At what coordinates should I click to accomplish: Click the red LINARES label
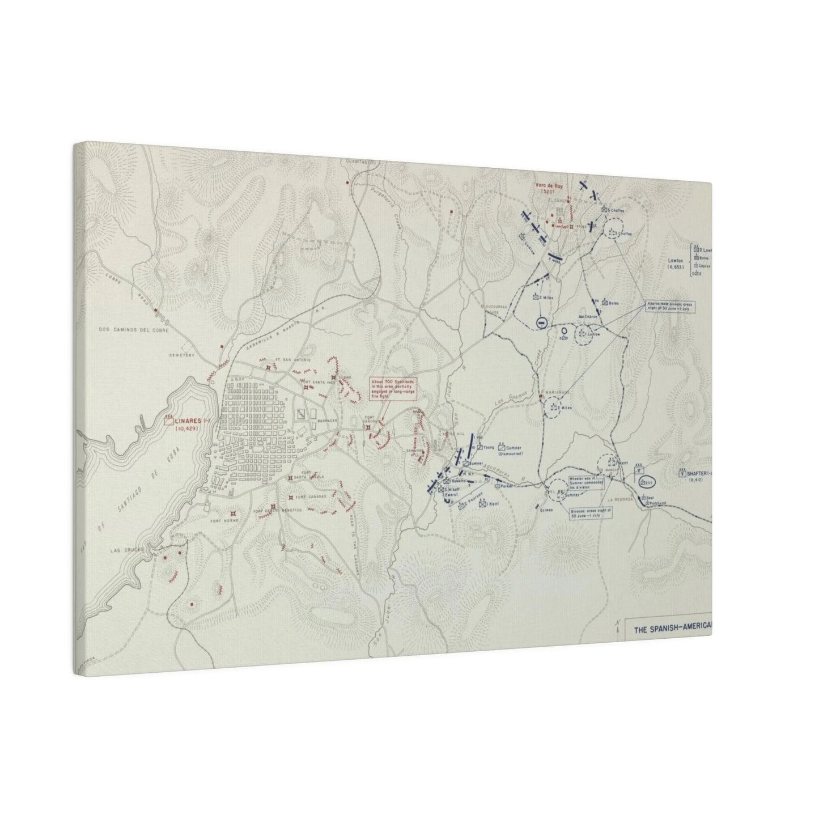(189, 421)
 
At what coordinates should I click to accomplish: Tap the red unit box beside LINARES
(168, 421)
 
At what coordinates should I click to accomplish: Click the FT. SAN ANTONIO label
(287, 359)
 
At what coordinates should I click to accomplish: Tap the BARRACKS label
(328, 421)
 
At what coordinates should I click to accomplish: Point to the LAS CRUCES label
(123, 549)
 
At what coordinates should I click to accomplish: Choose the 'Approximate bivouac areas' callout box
(672, 306)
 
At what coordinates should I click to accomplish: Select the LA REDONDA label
(619, 500)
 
